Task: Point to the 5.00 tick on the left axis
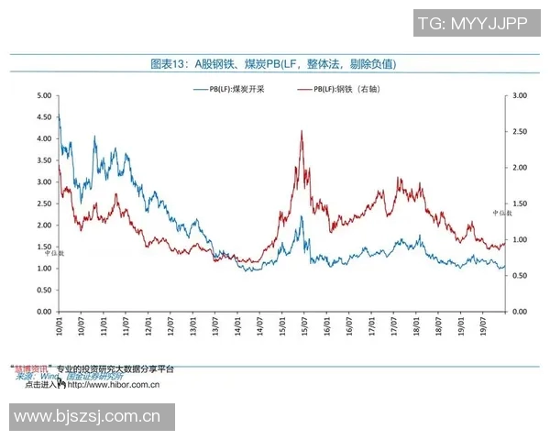[42, 94]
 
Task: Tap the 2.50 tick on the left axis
[42, 203]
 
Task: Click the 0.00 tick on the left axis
[42, 312]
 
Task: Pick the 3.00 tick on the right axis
[520, 94]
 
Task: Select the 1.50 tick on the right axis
[520, 203]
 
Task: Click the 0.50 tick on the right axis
[520, 275]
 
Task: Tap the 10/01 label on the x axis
[59, 326]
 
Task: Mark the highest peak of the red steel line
[302, 131]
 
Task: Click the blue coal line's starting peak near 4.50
[59, 115]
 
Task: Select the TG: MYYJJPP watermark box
[472, 23]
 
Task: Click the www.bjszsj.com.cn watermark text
[88, 417]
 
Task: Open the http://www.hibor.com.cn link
[114, 385]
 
